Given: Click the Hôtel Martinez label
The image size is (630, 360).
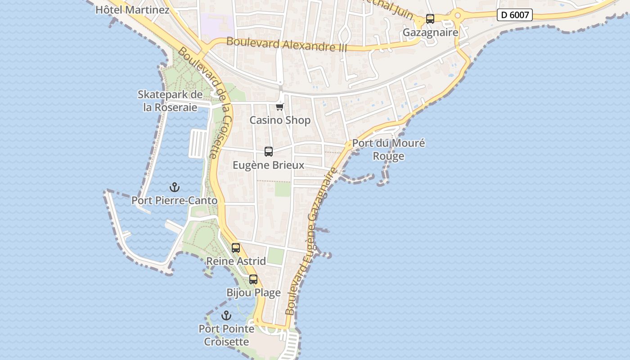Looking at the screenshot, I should coord(132,9).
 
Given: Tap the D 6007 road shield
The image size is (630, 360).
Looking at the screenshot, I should coord(515,15).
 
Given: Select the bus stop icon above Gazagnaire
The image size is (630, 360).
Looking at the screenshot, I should coord(430,19).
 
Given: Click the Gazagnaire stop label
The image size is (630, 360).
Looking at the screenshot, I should coord(430,32).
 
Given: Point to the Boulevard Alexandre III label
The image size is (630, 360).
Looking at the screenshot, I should coord(287,44).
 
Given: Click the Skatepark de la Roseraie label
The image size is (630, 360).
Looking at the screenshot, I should coord(170,101).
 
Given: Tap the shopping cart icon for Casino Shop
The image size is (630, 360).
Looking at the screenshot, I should coord(280,107).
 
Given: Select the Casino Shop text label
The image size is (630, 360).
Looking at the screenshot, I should coord(280,120).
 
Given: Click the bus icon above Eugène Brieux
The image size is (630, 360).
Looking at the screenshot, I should coord(269,152).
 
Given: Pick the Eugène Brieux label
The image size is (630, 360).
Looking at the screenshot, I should coord(269,165).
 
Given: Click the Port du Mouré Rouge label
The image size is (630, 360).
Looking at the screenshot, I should coord(388,150).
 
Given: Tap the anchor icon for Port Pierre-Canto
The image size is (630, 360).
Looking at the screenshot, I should coord(174,187).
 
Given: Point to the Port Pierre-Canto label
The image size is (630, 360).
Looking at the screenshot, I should coord(174,201).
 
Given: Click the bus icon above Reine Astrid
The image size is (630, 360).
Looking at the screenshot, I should coord(236,248).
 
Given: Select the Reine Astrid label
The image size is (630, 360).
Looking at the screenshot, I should coord(236,261).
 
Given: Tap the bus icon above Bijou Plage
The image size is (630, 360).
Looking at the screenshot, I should coord(253,279).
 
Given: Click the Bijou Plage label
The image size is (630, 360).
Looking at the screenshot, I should coord(253,293).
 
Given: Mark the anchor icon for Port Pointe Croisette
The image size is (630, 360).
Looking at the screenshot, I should coord(226,315).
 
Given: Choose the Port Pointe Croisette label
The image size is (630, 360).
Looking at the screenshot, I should coord(226,335).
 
